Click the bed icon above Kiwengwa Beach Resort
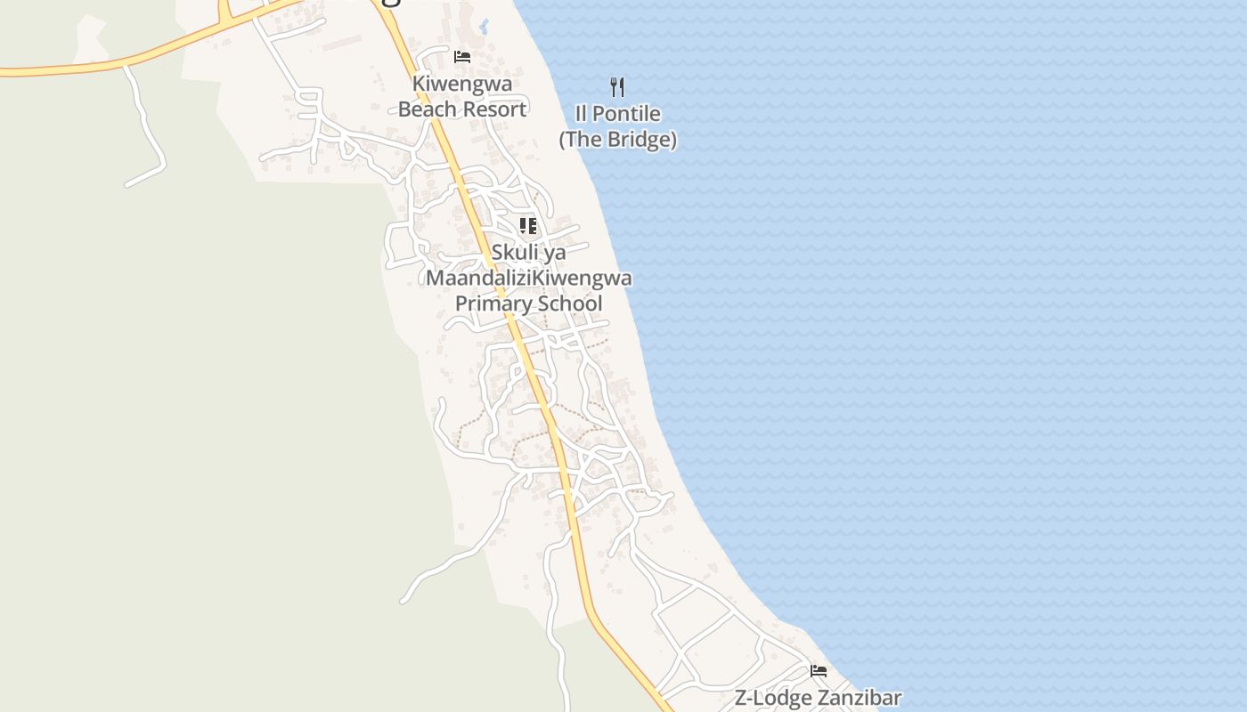tap(462, 57)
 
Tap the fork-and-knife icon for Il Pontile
tap(617, 86)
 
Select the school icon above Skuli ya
tap(528, 226)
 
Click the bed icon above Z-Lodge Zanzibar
tap(819, 670)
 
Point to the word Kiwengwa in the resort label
tap(462, 85)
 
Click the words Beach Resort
tap(462, 109)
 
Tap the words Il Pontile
tap(617, 114)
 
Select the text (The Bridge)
tap(617, 140)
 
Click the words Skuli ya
tap(528, 253)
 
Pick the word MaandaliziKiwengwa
tap(528, 279)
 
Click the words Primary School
tap(528, 303)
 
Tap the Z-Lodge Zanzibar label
tap(818, 699)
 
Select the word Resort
tap(498, 109)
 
